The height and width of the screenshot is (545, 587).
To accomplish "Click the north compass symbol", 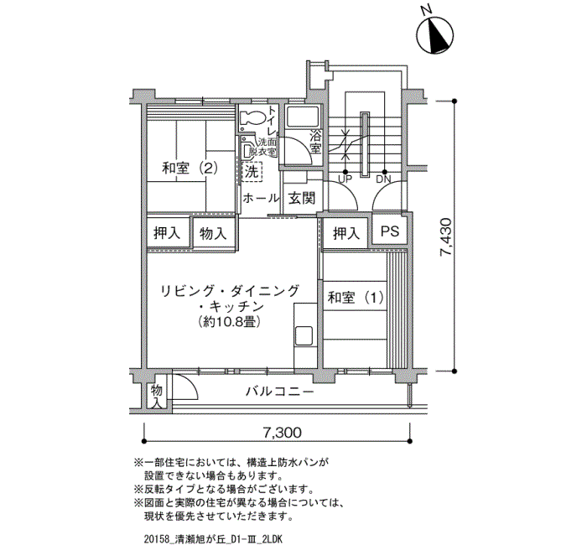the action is (x=435, y=35).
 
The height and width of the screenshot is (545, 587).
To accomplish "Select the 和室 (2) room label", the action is (x=190, y=168).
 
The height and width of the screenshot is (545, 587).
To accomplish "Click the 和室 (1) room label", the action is (x=356, y=298).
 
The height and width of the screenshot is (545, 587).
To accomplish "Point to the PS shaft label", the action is (x=390, y=231).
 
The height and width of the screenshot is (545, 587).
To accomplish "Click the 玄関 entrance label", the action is (x=302, y=198).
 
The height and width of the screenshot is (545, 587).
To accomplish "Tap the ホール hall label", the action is (x=261, y=198).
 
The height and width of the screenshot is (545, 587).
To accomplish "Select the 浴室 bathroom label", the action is (x=315, y=141).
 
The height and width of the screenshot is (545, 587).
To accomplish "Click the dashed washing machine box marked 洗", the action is (x=252, y=172).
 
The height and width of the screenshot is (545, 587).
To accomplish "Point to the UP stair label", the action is (x=345, y=179).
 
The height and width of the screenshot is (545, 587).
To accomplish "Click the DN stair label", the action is (x=383, y=179).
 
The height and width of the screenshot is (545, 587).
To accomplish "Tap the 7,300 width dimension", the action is (x=282, y=433).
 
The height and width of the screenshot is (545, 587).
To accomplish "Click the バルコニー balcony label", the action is (x=279, y=392).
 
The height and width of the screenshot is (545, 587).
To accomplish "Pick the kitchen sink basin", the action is (x=304, y=336).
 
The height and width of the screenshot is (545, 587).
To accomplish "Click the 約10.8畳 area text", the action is (x=230, y=321).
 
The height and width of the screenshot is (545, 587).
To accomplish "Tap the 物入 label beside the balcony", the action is (x=157, y=397).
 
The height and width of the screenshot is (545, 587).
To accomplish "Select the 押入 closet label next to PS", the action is (x=346, y=234).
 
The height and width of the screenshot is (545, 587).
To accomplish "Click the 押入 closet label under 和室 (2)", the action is (x=167, y=233).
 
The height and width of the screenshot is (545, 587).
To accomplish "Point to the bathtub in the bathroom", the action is (x=302, y=116).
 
